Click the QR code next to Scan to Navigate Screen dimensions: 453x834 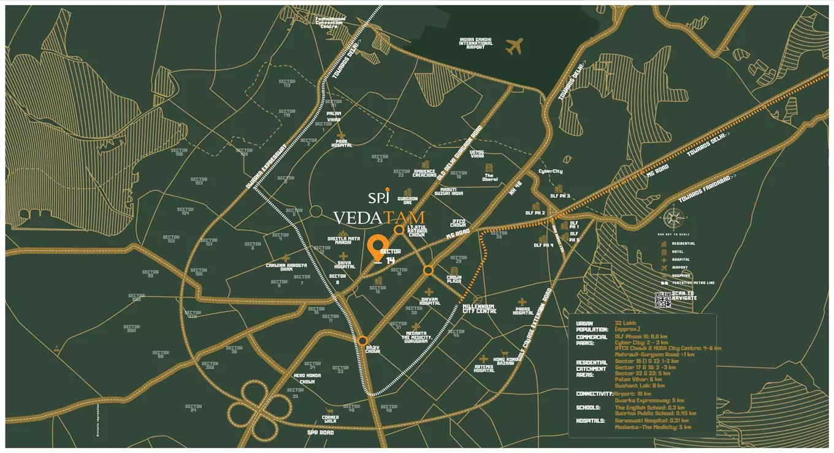pyautogui.click(x=663, y=300)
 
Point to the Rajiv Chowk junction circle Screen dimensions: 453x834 pyautogui.click(x=363, y=340)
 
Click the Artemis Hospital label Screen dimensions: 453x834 pyautogui.click(x=484, y=368)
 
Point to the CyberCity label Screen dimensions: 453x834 pyautogui.click(x=550, y=171)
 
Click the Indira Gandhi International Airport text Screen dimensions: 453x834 pyautogui.click(x=476, y=43)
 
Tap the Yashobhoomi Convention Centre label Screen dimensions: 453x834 pyautogui.click(x=331, y=22)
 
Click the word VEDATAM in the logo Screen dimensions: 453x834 pyautogui.click(x=379, y=217)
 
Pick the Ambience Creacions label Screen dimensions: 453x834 pyautogui.click(x=424, y=173)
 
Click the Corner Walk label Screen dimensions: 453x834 pyautogui.click(x=331, y=419)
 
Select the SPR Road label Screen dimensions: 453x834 pyautogui.click(x=320, y=433)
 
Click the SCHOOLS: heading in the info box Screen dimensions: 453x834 pyautogui.click(x=588, y=408)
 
